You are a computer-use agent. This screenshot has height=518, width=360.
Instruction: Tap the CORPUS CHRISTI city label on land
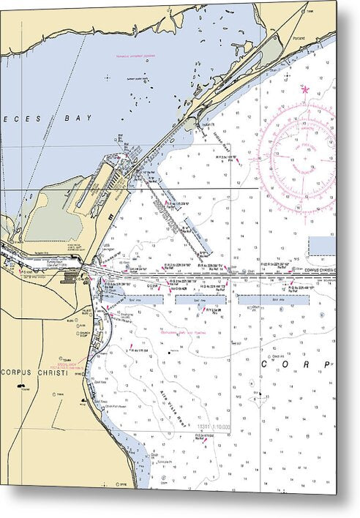click(x=34, y=372)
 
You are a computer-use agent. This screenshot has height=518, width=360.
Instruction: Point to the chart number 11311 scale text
click(x=212, y=427)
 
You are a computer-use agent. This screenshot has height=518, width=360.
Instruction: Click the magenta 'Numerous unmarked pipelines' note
click(x=136, y=56)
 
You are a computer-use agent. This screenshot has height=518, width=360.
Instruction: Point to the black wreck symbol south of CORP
click(x=258, y=395)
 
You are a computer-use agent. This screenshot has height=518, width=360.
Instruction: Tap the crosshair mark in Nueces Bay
click(x=108, y=75)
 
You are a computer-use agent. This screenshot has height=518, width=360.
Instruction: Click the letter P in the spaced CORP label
click(x=326, y=364)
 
